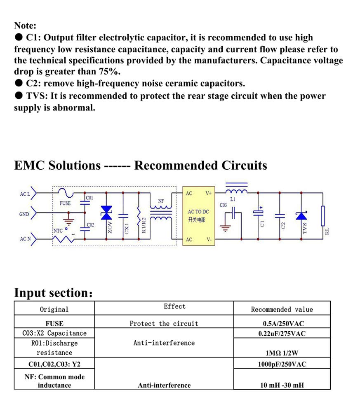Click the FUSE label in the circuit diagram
point(65,203)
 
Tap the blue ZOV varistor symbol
point(107,213)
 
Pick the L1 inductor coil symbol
point(236,191)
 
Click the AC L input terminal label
point(25,194)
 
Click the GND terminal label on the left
point(24,214)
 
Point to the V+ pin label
point(209,193)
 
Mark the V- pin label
point(209,239)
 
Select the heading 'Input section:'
point(53,293)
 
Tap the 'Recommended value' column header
point(282,309)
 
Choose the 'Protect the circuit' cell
point(164,323)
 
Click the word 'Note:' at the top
point(25,26)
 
